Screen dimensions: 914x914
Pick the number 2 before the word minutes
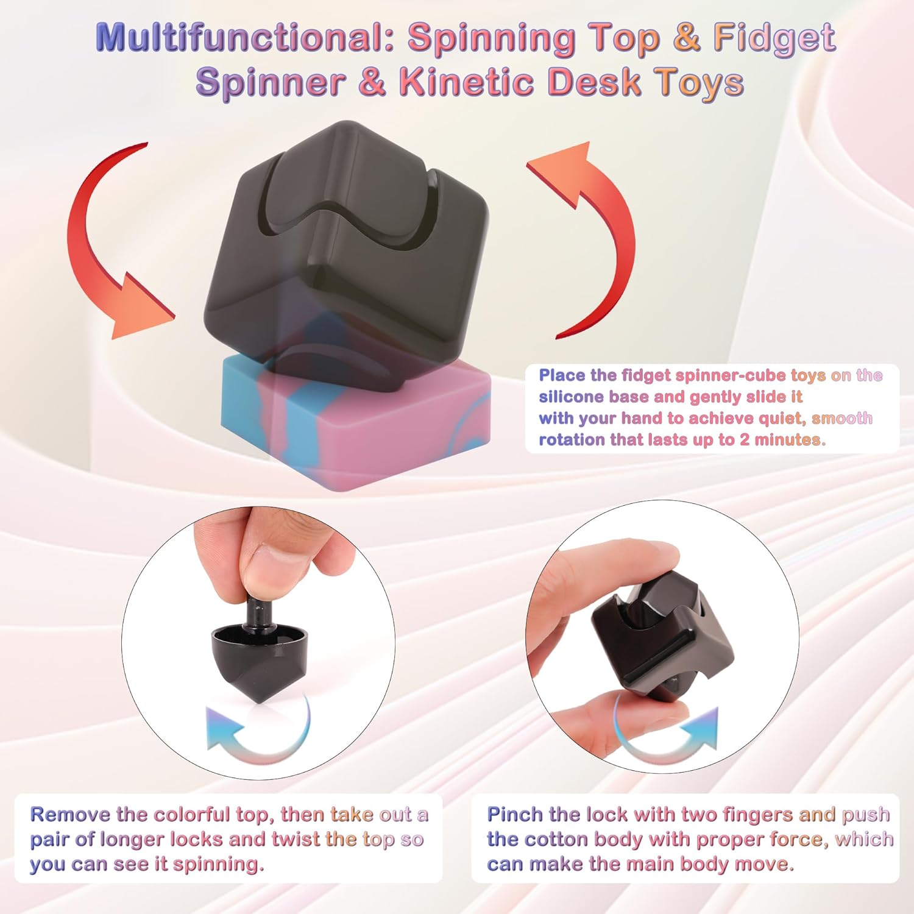coord(745,440)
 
